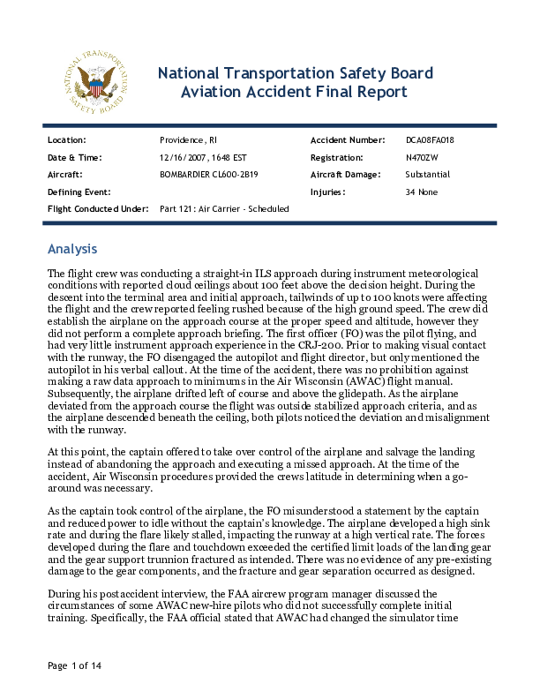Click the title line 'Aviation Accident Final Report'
pos(294,92)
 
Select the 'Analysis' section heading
pos(72,249)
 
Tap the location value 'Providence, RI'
pos(188,140)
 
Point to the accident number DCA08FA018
pos(430,140)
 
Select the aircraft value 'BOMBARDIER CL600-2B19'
pos(208,174)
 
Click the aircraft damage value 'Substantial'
pos(427,174)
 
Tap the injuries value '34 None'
pos(421,191)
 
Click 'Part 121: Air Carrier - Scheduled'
pos(224,208)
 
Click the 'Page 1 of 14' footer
pos(74,665)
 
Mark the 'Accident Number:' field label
pos(348,140)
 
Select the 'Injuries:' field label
pos(327,191)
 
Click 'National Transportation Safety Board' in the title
pos(294,72)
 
